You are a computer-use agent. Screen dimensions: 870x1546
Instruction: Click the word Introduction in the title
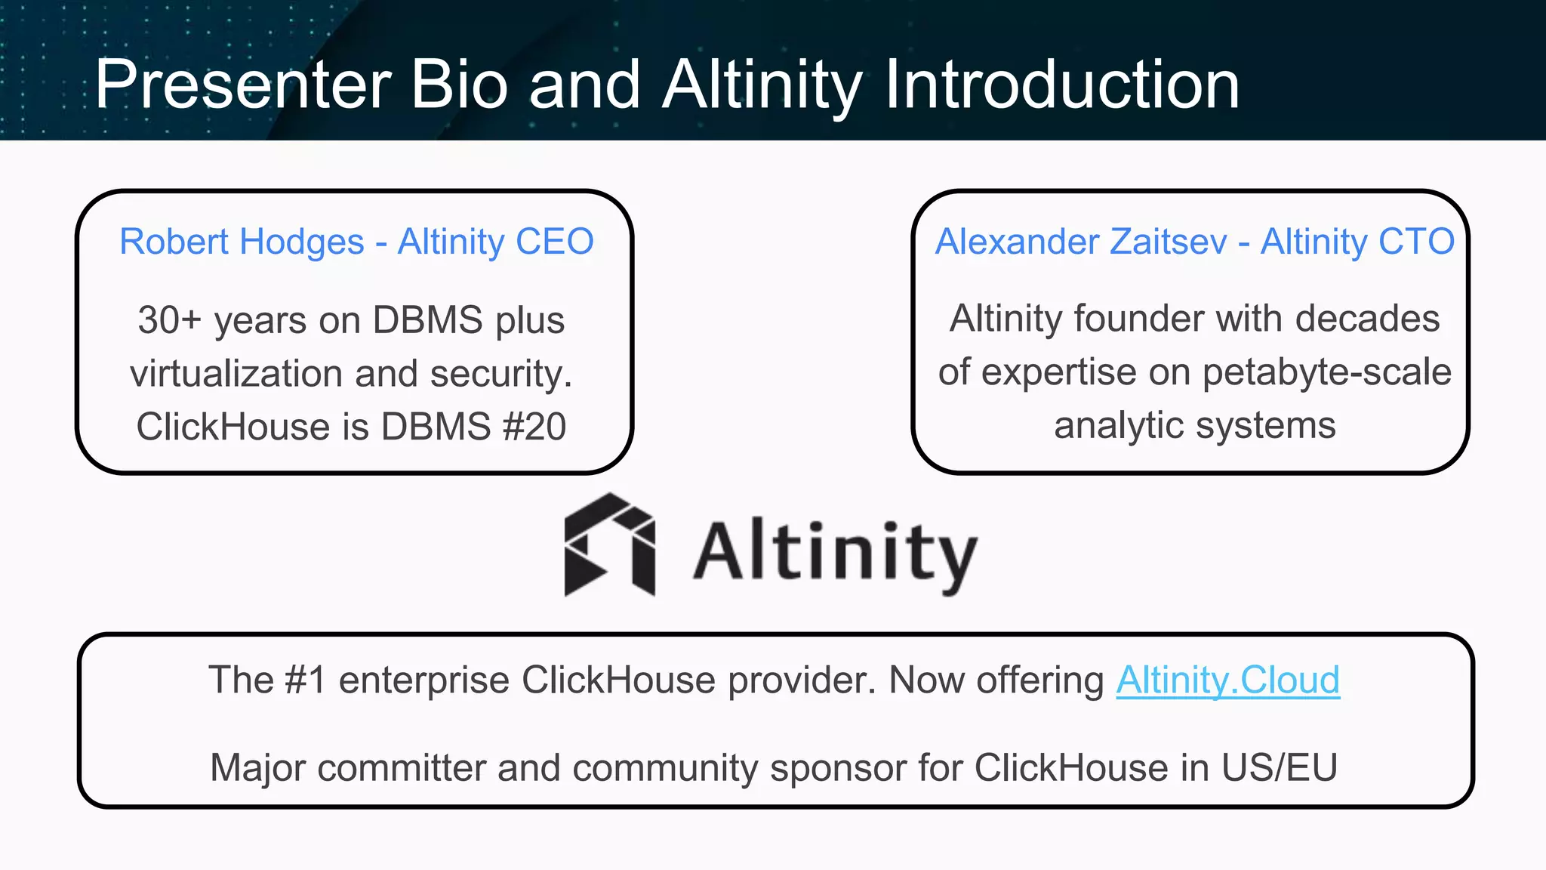click(x=1061, y=85)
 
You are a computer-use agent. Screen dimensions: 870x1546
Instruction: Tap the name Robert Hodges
click(x=242, y=242)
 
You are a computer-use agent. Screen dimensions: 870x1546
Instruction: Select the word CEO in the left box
click(x=554, y=242)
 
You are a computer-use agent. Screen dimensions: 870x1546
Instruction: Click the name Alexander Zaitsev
click(x=1081, y=242)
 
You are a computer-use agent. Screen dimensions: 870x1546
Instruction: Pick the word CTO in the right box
click(x=1416, y=242)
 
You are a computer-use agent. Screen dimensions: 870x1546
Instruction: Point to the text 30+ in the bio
click(x=169, y=320)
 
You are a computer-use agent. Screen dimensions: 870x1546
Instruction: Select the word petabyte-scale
click(x=1326, y=372)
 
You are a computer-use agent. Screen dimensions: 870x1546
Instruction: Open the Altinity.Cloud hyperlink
click(x=1227, y=680)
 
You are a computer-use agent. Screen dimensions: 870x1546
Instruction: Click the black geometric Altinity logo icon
click(x=609, y=545)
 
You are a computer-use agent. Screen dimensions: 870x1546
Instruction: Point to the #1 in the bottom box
click(x=305, y=680)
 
